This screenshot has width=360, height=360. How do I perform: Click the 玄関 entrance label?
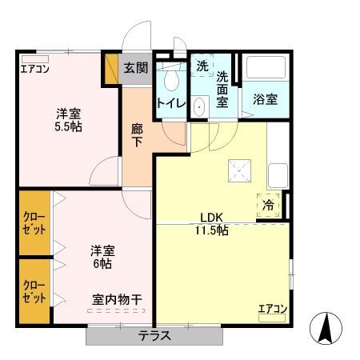pyautogui.click(x=136, y=68)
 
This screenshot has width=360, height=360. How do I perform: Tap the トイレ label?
pyautogui.click(x=171, y=103)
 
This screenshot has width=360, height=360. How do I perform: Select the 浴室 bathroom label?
pyautogui.click(x=266, y=100)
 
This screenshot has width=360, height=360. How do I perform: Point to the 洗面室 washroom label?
pyautogui.click(x=222, y=89)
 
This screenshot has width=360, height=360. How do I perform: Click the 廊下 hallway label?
pyautogui.click(x=138, y=133)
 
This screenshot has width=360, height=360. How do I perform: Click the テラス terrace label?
pyautogui.click(x=154, y=336)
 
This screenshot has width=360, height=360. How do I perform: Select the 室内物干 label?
pyautogui.click(x=117, y=300)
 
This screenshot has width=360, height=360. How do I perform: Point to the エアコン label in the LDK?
pyautogui.click(x=272, y=309)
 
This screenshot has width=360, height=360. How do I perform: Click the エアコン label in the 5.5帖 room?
pyautogui.click(x=34, y=69)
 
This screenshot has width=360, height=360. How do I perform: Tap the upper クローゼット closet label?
pyautogui.click(x=34, y=223)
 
